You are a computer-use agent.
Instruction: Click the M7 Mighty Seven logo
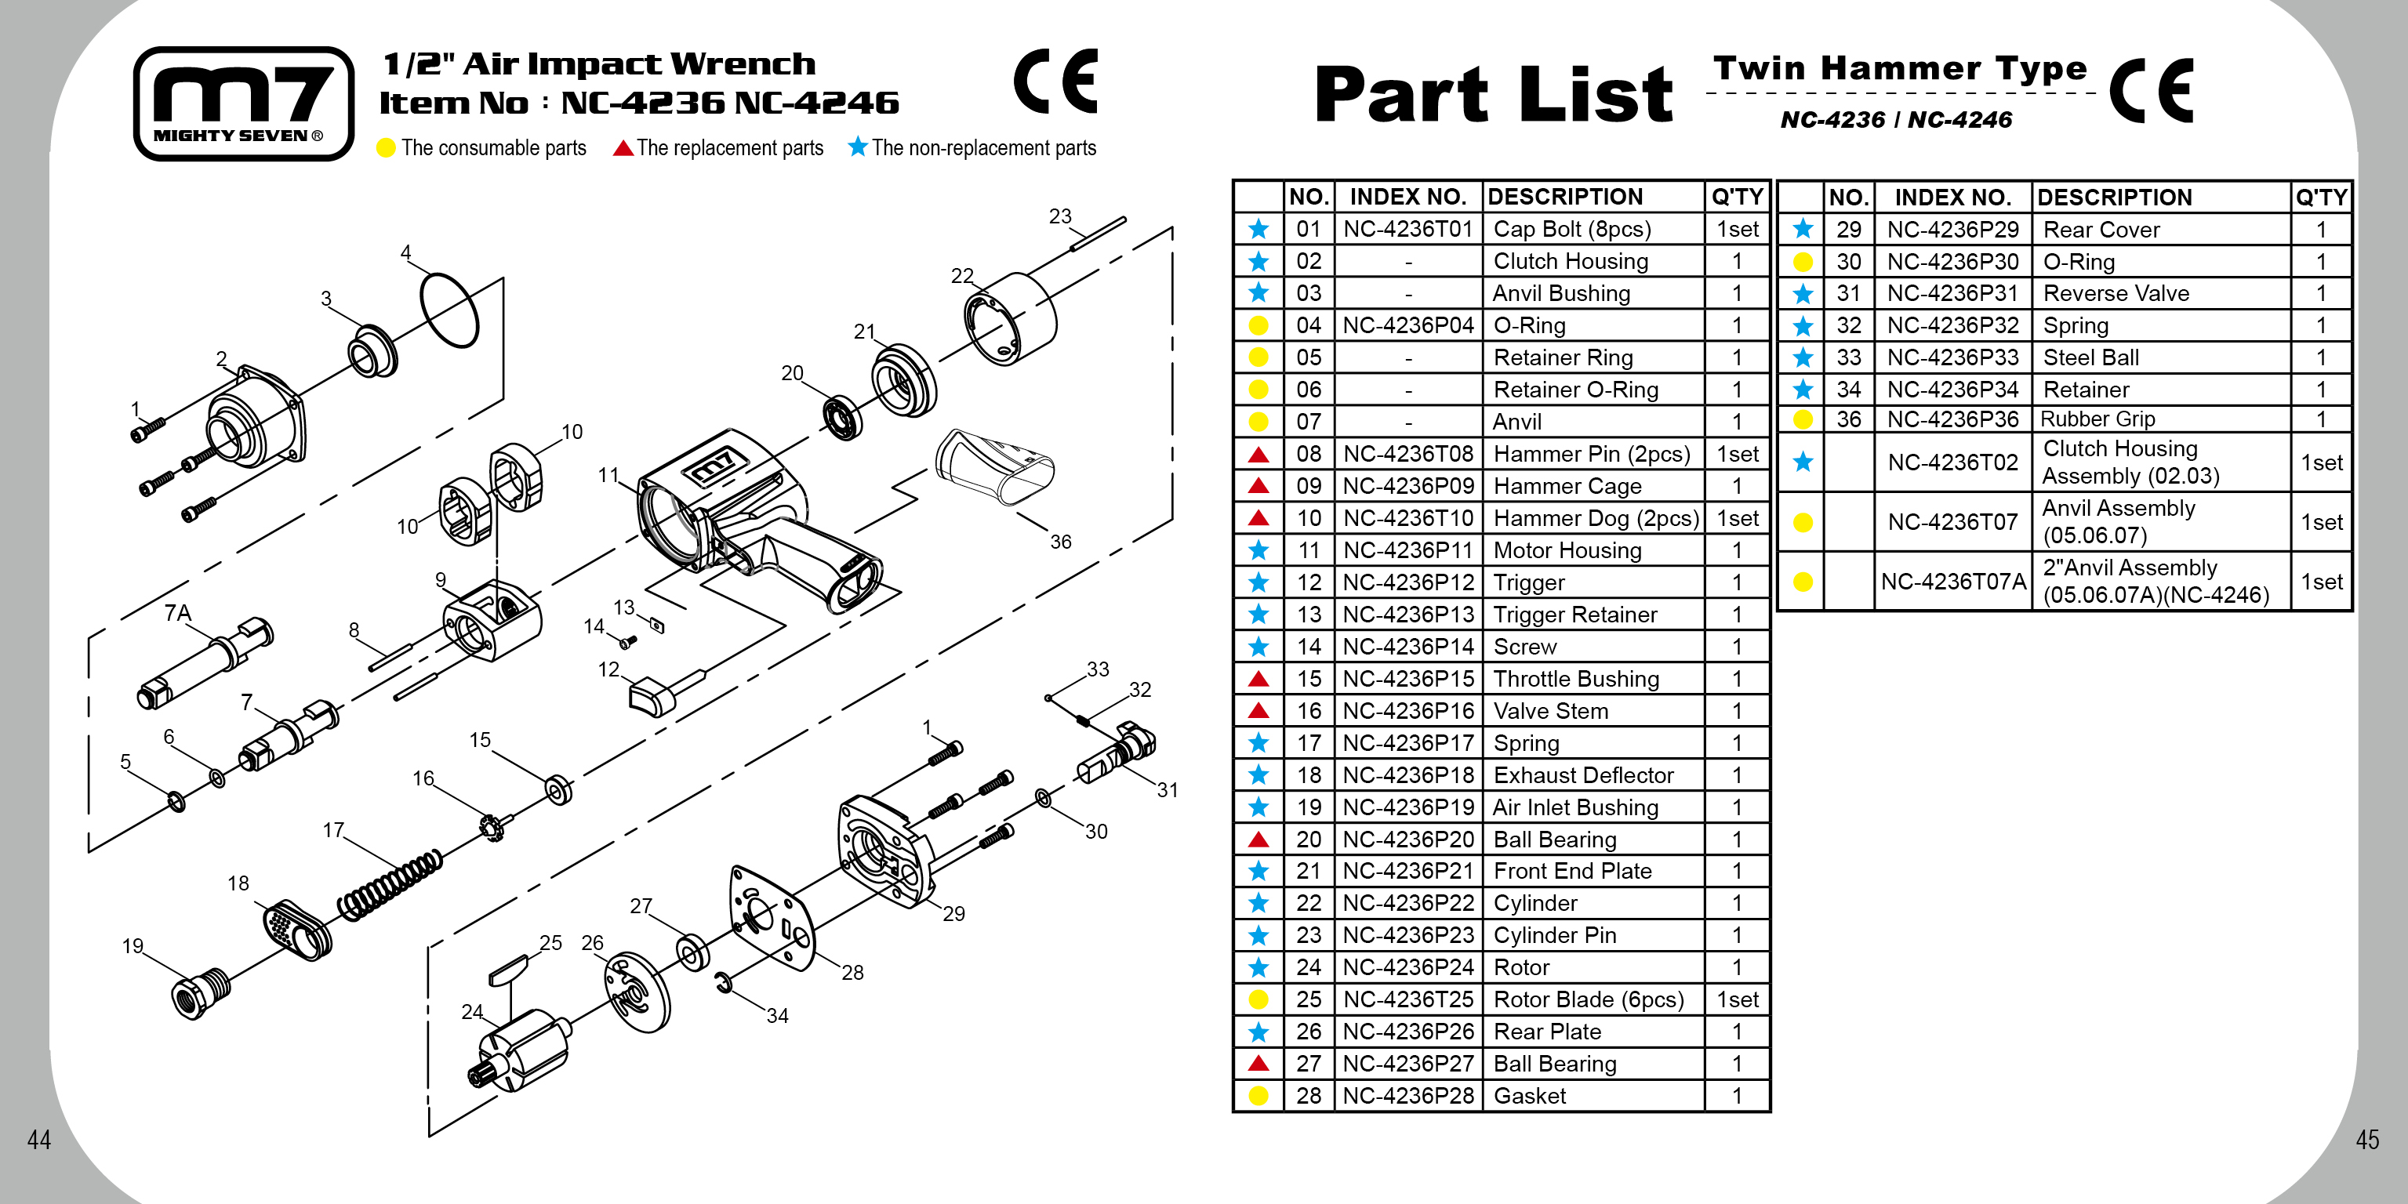click(243, 103)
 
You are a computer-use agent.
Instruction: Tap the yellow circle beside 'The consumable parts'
click(386, 147)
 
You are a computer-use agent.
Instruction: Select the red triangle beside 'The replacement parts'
click(623, 147)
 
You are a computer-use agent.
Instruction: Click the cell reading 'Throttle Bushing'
click(1576, 679)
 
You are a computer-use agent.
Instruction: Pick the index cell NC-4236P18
click(1407, 775)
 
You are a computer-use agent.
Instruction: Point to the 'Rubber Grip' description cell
click(2097, 419)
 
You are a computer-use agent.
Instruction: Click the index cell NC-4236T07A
click(1952, 582)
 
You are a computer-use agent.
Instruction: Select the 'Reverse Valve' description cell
click(2116, 293)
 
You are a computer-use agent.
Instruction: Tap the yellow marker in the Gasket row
click(1258, 1096)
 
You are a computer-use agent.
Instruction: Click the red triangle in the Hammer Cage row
click(1258, 486)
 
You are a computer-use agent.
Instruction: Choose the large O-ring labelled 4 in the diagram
click(449, 310)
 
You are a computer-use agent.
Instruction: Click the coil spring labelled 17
click(389, 884)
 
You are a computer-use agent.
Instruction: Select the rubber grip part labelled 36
click(993, 466)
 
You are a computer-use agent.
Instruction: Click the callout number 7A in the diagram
click(178, 613)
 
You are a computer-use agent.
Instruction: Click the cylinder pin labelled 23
click(1099, 234)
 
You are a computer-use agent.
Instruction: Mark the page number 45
click(2367, 1140)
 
